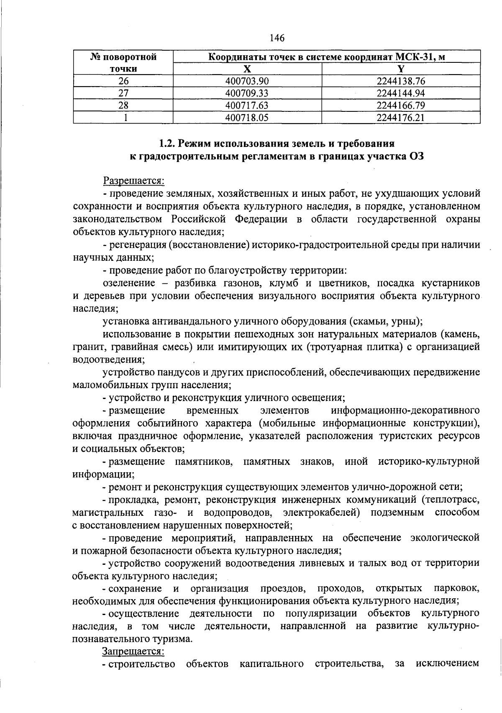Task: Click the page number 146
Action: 277,38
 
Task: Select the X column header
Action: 247,69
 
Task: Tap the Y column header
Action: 401,69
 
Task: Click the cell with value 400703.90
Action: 247,81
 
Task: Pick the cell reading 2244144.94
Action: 401,93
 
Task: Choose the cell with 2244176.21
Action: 401,118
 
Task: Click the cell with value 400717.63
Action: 247,105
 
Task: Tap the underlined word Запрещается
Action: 133,651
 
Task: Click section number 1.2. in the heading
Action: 168,144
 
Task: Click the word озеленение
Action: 128,283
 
